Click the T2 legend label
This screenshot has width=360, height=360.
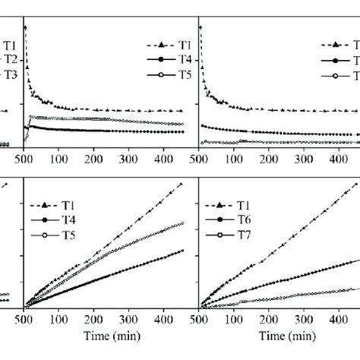tap(11, 58)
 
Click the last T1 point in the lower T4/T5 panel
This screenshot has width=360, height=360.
tap(182, 183)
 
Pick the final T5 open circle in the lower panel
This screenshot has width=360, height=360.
tap(182, 223)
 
